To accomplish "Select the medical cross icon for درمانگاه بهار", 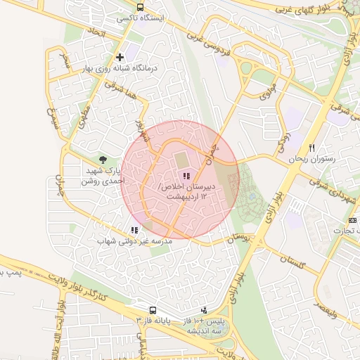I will coord(120,57).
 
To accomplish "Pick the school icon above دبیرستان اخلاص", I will coord(186,176).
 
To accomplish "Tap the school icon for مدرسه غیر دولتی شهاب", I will coord(134,230).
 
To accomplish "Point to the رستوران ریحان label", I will coord(312,159).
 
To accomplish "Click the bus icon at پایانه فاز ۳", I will coord(153,310).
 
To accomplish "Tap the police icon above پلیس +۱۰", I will coord(205,309).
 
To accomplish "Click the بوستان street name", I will coord(240,240).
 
